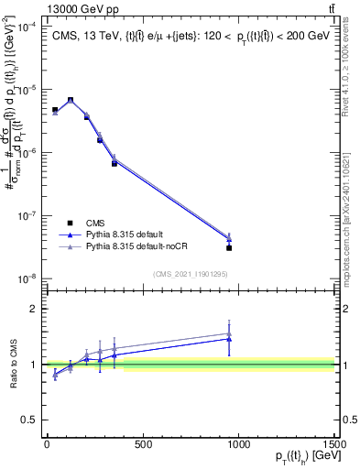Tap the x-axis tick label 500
tap(143, 445)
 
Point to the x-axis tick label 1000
tap(239, 445)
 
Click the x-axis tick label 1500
tap(335, 445)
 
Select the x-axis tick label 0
tap(47, 445)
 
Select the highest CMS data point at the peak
tap(71, 100)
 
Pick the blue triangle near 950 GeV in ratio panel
tap(229, 339)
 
